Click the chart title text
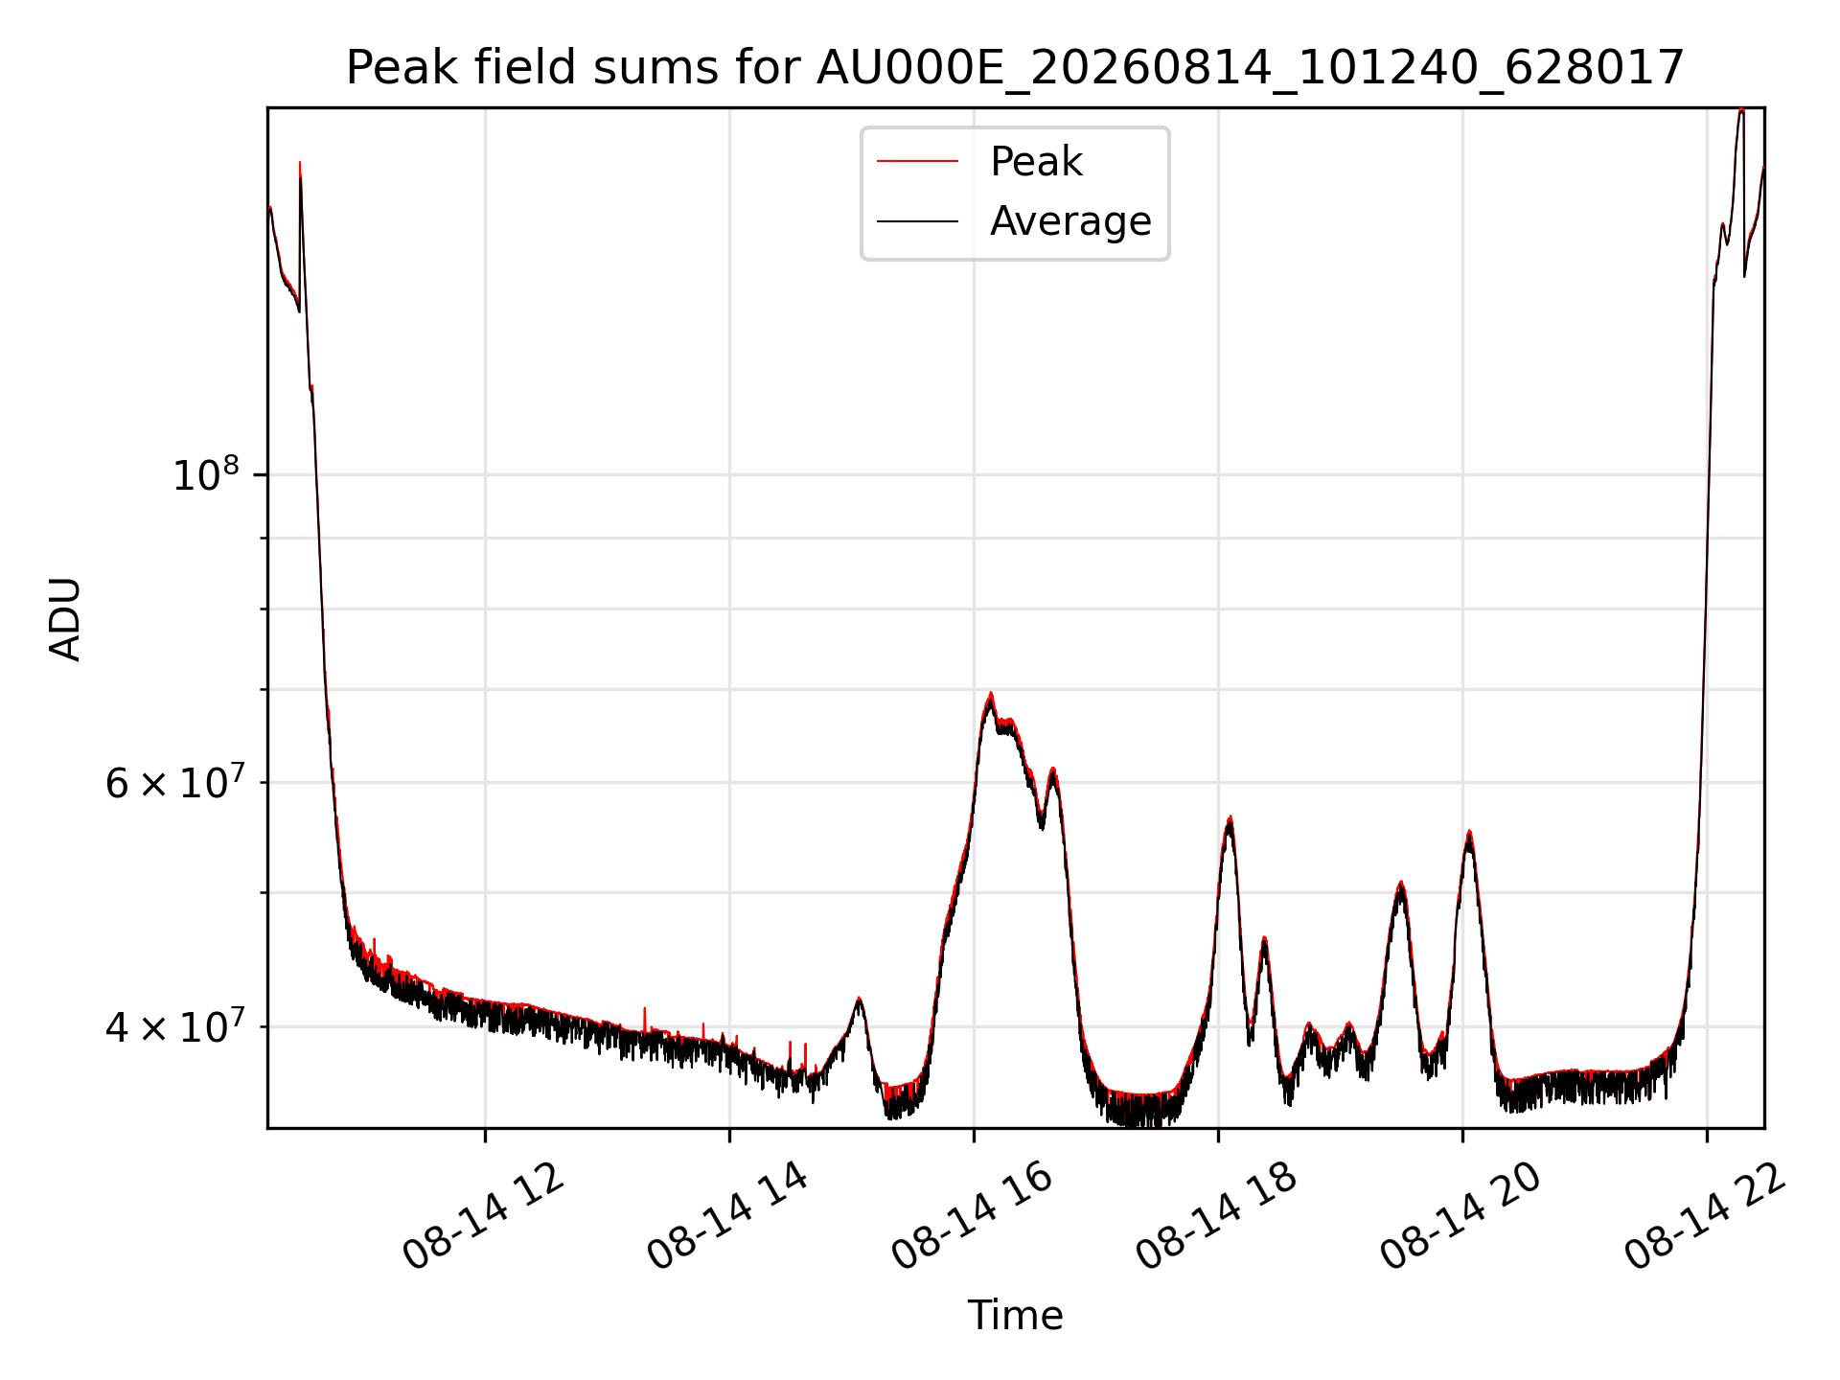[x=1015, y=68]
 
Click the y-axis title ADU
[x=65, y=619]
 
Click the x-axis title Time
[x=1015, y=1316]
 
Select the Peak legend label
[x=1036, y=162]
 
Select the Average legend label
[x=1070, y=221]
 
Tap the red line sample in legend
[x=917, y=162]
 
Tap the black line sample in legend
[x=917, y=221]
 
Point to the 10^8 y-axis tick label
[x=205, y=473]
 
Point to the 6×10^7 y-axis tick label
[x=174, y=782]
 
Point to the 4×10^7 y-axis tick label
[x=174, y=1026]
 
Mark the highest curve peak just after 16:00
[x=990, y=695]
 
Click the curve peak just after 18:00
[x=1230, y=817]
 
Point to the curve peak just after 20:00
[x=1469, y=832]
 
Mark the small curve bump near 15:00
[x=859, y=1000]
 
